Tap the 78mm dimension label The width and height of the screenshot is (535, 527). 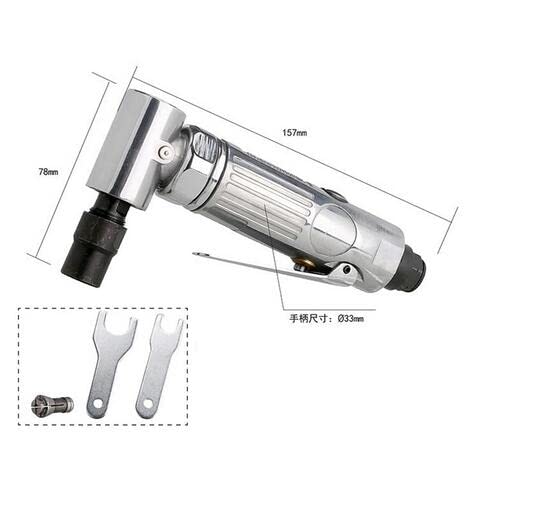pyautogui.click(x=48, y=172)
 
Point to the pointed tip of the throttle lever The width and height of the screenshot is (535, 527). pyautogui.click(x=197, y=255)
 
